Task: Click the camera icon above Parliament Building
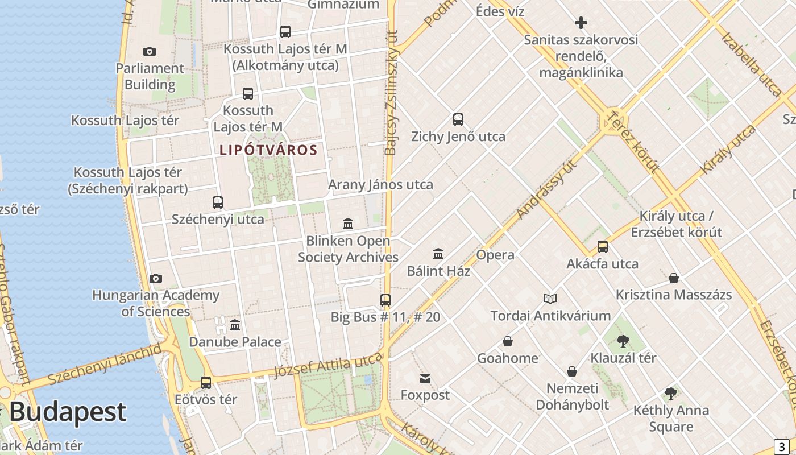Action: [x=150, y=52]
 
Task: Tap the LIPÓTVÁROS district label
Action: [x=268, y=150]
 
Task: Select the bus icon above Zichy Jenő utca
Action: [x=458, y=119]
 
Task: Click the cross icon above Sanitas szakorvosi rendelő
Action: [x=581, y=23]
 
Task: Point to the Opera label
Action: [x=495, y=255]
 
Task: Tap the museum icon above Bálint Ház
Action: [x=438, y=254]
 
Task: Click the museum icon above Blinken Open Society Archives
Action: [x=348, y=224]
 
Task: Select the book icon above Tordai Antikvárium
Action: [x=550, y=299]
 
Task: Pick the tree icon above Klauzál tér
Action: [x=623, y=341]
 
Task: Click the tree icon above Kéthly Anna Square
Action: [x=671, y=394]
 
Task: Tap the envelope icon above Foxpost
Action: [x=425, y=379]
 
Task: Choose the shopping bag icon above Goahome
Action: [x=508, y=341]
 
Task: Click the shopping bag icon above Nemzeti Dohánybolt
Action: [x=572, y=371]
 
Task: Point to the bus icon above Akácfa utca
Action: [x=602, y=247]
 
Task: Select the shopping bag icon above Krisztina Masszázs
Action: [x=674, y=278]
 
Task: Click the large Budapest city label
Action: [x=68, y=412]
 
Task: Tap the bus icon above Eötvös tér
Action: [x=206, y=383]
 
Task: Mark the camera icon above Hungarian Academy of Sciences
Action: [x=156, y=278]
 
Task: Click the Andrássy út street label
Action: [x=547, y=190]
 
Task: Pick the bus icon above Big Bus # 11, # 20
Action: [x=385, y=300]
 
